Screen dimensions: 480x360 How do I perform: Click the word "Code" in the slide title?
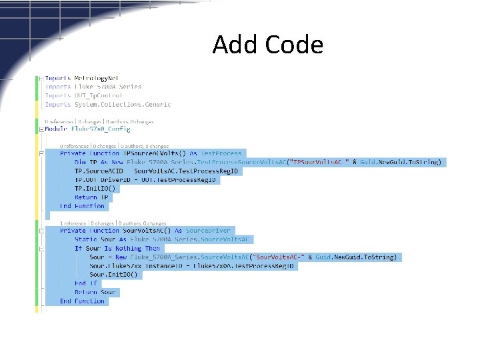pos(294,45)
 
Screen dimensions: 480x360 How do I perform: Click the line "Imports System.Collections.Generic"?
pos(108,104)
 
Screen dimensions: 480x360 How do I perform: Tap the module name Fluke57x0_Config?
pos(101,129)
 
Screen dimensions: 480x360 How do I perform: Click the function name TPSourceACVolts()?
pos(146,153)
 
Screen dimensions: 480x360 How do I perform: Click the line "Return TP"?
pos(92,197)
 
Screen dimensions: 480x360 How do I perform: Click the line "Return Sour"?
pos(95,292)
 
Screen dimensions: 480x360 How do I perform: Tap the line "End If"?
pos(85,283)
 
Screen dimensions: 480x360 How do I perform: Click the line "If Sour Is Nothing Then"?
pos(117,248)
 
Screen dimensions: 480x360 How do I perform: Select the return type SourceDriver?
pos(208,231)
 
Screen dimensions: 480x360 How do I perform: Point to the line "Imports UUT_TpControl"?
pos(84,95)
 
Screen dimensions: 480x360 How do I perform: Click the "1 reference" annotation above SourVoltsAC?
pos(74,223)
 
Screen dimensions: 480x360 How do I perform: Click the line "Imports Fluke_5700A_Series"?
pos(93,87)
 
